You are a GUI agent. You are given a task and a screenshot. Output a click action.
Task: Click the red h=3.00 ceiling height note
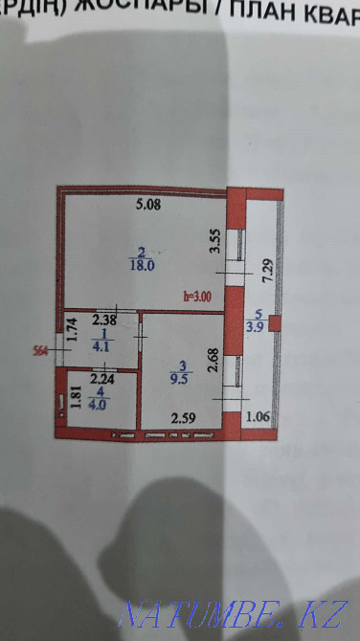(197, 297)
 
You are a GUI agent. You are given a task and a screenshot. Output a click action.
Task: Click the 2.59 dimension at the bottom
(182, 416)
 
